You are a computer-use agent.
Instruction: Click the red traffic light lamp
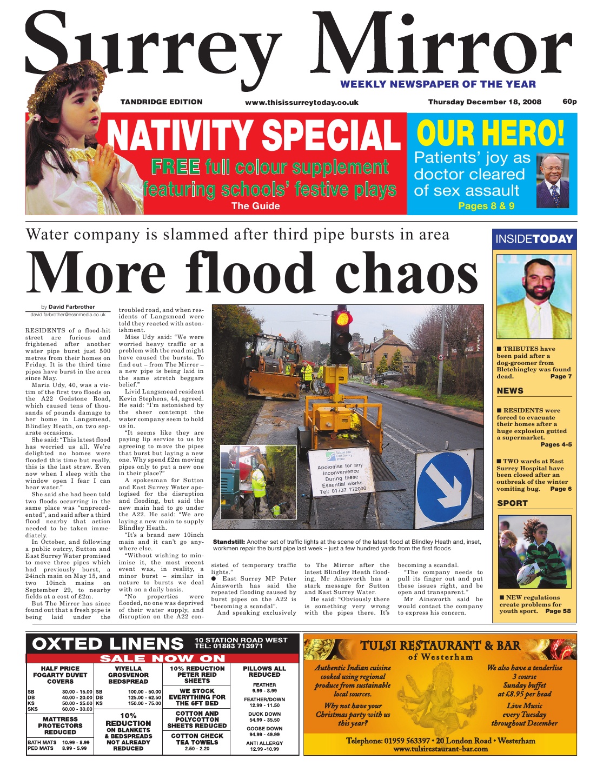click(x=342, y=317)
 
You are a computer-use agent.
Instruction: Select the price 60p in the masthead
click(x=569, y=101)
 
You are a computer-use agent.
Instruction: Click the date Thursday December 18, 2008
click(x=485, y=102)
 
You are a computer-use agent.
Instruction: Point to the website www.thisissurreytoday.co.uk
click(x=301, y=102)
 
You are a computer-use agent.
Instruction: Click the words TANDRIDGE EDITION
click(x=161, y=102)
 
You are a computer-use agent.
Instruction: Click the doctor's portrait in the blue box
click(x=552, y=181)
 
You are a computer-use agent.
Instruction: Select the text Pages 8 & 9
click(x=486, y=206)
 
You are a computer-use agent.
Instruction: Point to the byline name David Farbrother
click(x=71, y=307)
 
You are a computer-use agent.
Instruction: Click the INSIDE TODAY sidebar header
click(x=534, y=239)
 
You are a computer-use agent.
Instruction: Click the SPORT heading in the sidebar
click(x=512, y=503)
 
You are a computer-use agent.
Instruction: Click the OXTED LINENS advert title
click(x=108, y=643)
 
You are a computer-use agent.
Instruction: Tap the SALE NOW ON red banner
click(x=162, y=658)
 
